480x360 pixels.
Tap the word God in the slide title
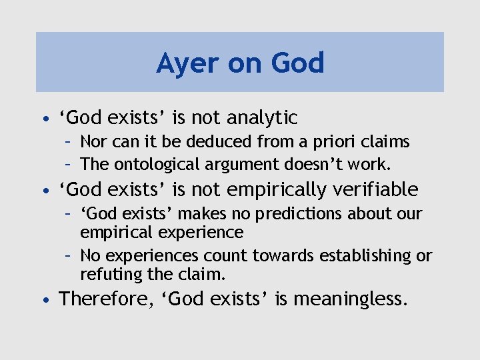297,63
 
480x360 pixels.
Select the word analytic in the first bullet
262,118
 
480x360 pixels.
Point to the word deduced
208,142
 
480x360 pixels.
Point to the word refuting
106,274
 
